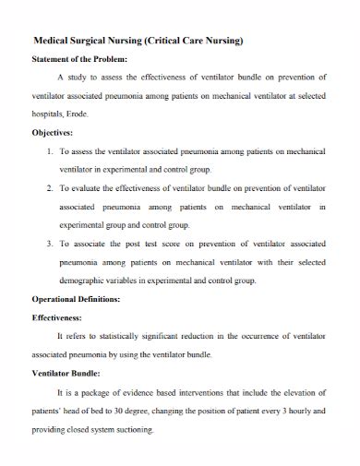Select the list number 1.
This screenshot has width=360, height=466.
coord(50,149)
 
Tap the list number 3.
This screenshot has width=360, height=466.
coord(50,245)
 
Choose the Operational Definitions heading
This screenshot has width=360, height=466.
coord(83,301)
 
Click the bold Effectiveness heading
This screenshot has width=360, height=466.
coord(64,318)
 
